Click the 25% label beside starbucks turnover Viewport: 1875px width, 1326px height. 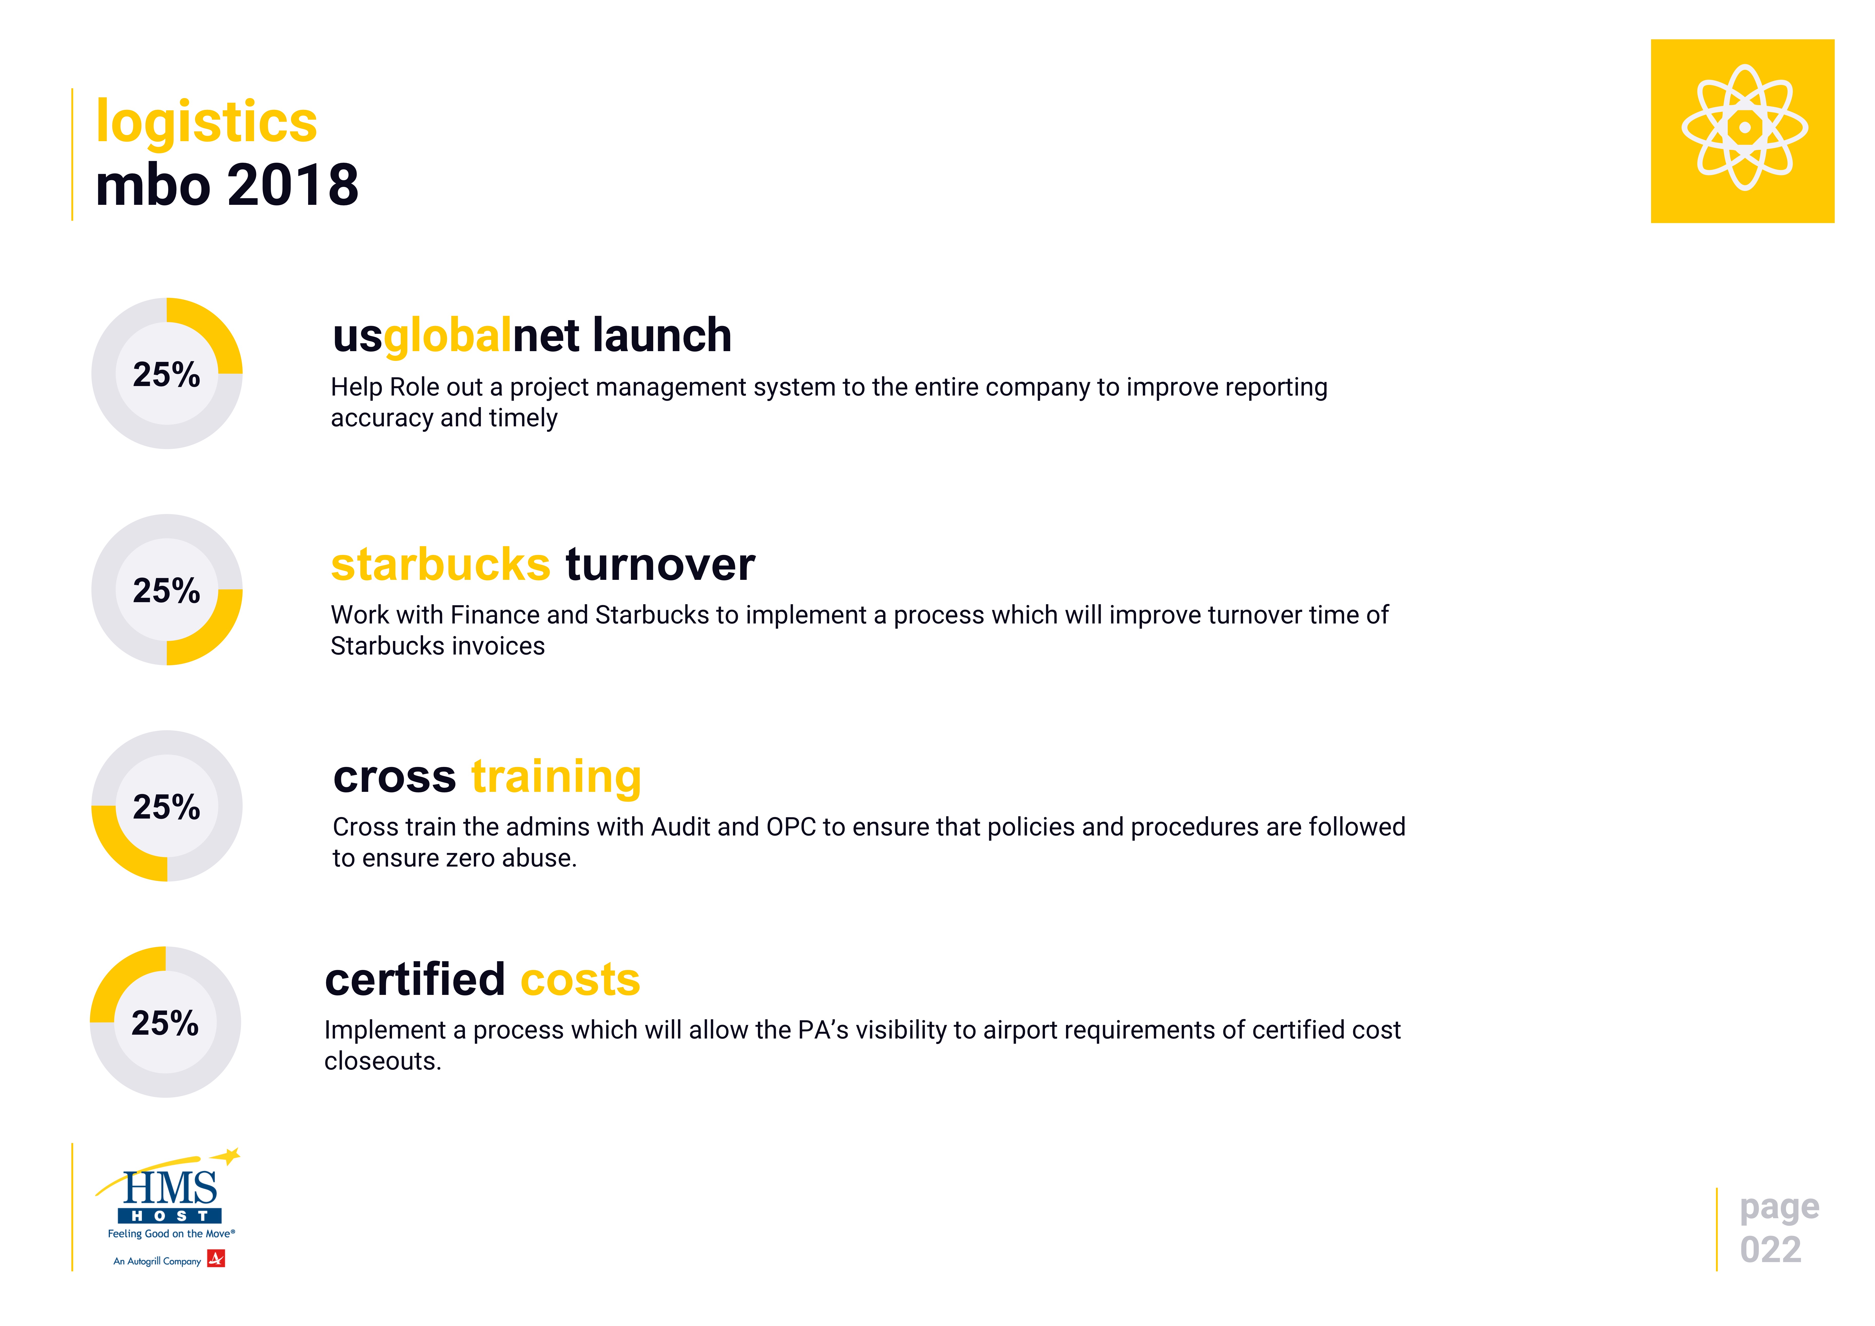coord(167,591)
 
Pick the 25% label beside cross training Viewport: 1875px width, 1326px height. coord(167,807)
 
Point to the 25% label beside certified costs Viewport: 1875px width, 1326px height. coord(165,1023)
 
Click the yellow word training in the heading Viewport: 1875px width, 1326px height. coord(556,778)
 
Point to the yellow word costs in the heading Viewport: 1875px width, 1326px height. coord(580,981)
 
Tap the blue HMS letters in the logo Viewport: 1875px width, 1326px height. coord(170,1188)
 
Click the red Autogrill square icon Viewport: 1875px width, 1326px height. coord(216,1259)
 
